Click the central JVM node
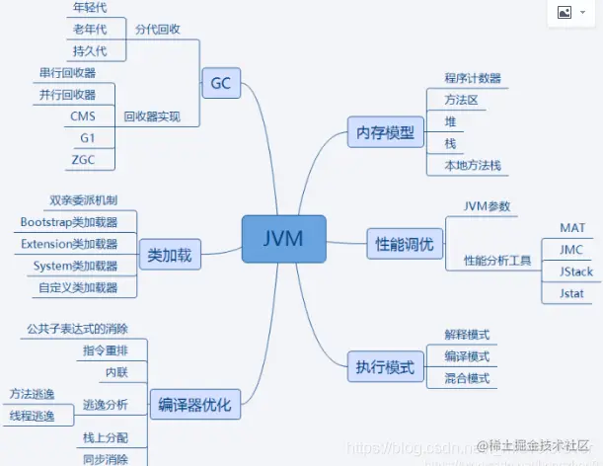(284, 238)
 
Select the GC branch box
(220, 83)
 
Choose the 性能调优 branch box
(405, 243)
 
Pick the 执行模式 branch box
(386, 368)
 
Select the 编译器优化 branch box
(194, 404)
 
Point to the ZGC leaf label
(83, 159)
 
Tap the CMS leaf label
(83, 116)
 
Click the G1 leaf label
(88, 137)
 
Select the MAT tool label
(572, 228)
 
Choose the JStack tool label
(575, 272)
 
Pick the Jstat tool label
(571, 293)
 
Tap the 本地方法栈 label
(473, 166)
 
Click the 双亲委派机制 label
(83, 200)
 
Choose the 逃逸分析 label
(105, 404)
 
